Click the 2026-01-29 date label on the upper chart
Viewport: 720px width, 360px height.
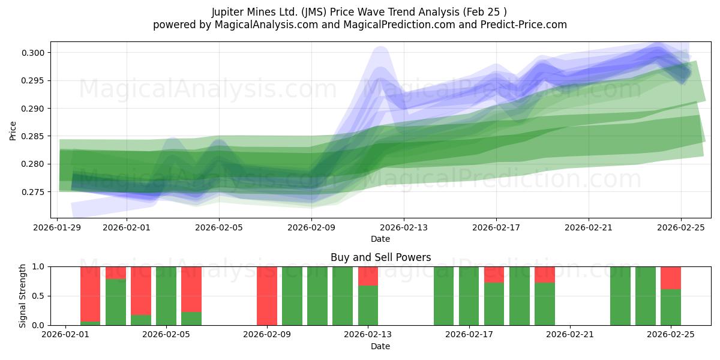[x=58, y=227]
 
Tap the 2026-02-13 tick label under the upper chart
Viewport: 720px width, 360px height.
[x=404, y=227]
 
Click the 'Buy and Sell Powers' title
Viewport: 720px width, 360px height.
[x=380, y=257]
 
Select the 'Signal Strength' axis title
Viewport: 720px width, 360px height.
[x=22, y=296]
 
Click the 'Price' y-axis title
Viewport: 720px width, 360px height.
[x=13, y=130]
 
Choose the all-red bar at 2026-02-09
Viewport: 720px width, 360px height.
[x=267, y=296]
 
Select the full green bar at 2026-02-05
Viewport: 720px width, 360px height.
[x=166, y=296]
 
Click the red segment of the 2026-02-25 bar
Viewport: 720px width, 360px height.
[x=670, y=277]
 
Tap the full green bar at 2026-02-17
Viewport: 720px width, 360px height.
[x=469, y=296]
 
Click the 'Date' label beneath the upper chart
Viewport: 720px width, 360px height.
[x=380, y=239]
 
